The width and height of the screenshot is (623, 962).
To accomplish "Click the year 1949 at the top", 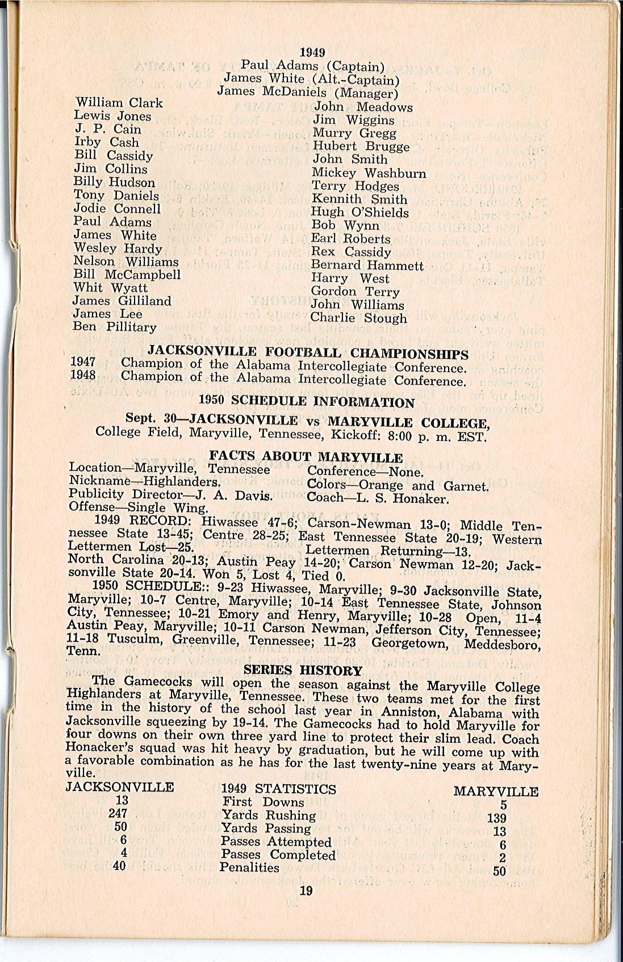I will pyautogui.click(x=312, y=52).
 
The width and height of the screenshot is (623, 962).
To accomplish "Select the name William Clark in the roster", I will pyautogui.click(x=119, y=103).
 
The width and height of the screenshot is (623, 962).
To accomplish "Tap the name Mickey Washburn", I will pyautogui.click(x=369, y=173).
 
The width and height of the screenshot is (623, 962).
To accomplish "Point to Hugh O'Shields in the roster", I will pyautogui.click(x=360, y=213).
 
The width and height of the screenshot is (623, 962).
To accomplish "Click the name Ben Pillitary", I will pyautogui.click(x=115, y=327).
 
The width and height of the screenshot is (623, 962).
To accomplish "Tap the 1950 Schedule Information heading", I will pyautogui.click(x=307, y=402).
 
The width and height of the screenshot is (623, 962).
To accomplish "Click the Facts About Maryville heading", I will pyautogui.click(x=306, y=457).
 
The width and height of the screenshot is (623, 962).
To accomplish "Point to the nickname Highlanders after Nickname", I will pyautogui.click(x=183, y=481).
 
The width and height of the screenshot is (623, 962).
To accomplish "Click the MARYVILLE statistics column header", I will pyautogui.click(x=496, y=792).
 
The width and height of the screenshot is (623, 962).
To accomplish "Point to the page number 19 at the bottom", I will pyautogui.click(x=306, y=890).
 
